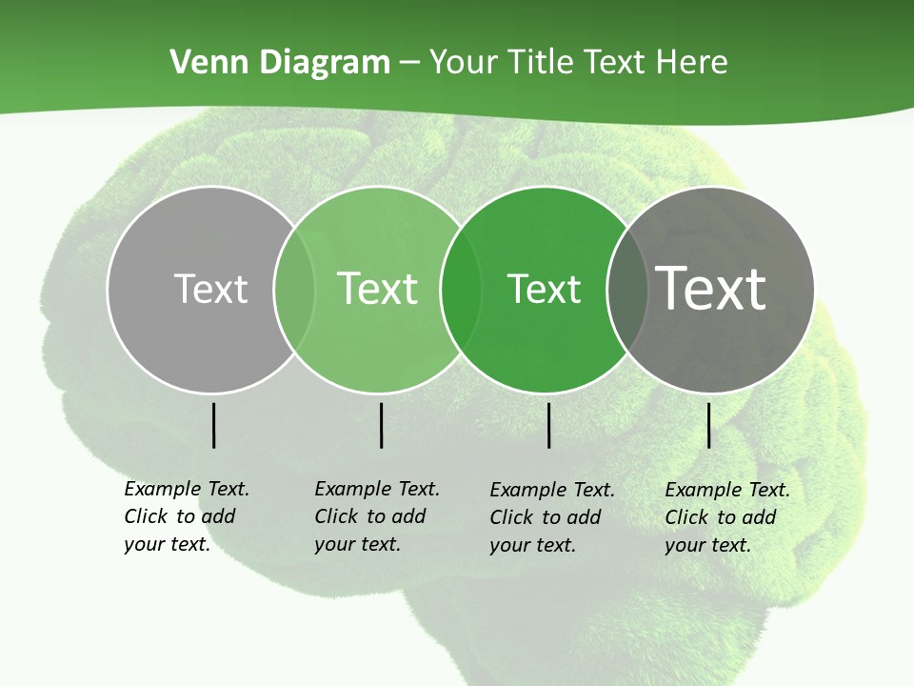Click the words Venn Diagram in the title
(x=279, y=63)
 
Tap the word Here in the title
(x=691, y=63)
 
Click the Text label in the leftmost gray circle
(x=210, y=288)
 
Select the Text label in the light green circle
(x=377, y=288)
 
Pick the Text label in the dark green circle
(x=544, y=289)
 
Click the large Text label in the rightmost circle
(x=711, y=288)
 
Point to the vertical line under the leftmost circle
(x=213, y=425)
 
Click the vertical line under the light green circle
(x=381, y=425)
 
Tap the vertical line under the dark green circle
(x=548, y=425)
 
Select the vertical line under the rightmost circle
(x=708, y=425)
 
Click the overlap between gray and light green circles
(x=294, y=289)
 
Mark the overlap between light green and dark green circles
(x=461, y=289)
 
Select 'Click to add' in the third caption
(x=546, y=517)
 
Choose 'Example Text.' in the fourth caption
(x=727, y=490)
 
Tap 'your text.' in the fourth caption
(x=707, y=545)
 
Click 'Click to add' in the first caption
(x=180, y=516)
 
